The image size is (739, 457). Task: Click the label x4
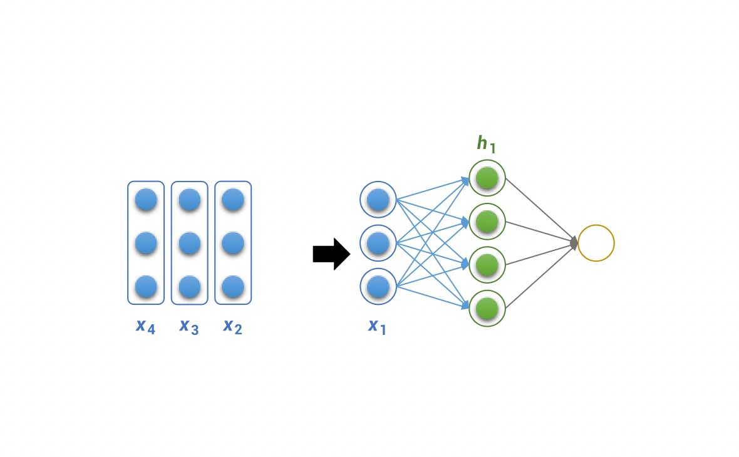coord(146,326)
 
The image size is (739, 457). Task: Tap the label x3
coord(189,326)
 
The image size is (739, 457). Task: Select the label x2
coord(233,326)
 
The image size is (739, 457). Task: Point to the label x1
coord(377,326)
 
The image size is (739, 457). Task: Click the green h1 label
coord(487,144)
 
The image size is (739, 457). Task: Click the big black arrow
coord(332,254)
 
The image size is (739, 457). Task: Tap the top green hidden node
coord(487,178)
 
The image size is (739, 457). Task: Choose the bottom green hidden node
coord(487,309)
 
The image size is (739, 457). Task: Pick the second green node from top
coord(487,222)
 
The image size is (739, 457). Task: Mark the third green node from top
coord(487,265)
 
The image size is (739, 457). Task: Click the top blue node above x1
coord(378,200)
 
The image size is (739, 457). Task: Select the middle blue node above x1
coord(378,243)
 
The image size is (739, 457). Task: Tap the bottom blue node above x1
coord(378,287)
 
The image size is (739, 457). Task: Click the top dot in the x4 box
coord(146,200)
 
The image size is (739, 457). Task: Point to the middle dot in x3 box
coord(190,244)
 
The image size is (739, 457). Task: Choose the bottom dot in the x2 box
coord(233,287)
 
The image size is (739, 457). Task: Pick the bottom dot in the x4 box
coord(146,287)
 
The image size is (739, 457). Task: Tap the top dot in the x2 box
coord(233,200)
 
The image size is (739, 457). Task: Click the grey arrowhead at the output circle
coord(574,243)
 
